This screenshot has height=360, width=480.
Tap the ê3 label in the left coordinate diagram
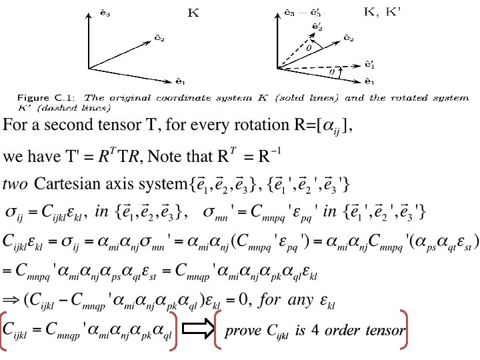[x=86, y=12]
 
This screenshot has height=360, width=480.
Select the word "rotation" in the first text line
[x=263, y=125]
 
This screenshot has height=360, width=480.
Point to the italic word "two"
[x=15, y=183]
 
